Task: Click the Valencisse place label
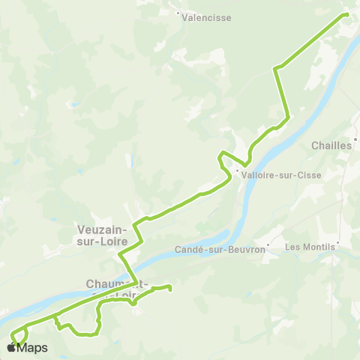[x=208, y=17]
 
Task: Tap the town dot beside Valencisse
[x=178, y=13]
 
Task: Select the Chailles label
[x=331, y=146]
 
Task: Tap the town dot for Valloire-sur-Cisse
[x=237, y=171]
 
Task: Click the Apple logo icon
[x=12, y=348]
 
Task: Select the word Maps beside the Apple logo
[x=33, y=348]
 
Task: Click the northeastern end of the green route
[x=346, y=13]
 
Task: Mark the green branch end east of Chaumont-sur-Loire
[x=170, y=289]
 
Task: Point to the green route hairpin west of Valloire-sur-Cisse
[x=220, y=157]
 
